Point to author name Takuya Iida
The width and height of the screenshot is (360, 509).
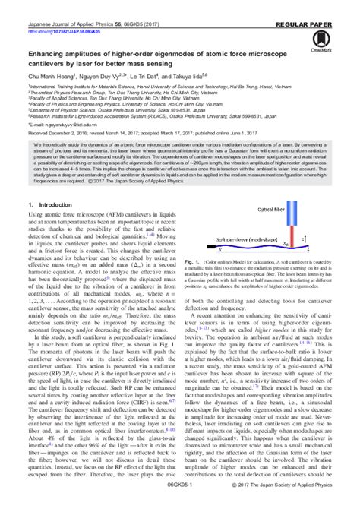click(x=188, y=76)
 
